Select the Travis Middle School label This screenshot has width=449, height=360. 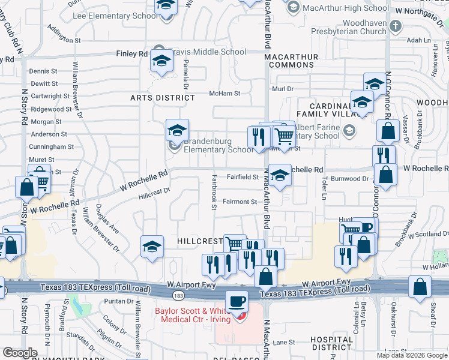[x=206, y=52]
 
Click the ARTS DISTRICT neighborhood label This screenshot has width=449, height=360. [x=154, y=97]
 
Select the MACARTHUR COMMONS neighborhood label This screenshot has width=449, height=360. [x=291, y=61]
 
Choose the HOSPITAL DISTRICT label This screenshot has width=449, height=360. [x=331, y=343]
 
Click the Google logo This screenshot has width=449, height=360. [x=20, y=353]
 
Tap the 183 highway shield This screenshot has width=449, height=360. [x=178, y=295]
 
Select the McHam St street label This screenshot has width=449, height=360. [x=224, y=94]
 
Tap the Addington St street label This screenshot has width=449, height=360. [x=63, y=40]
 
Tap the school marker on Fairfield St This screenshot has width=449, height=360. [x=280, y=175]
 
